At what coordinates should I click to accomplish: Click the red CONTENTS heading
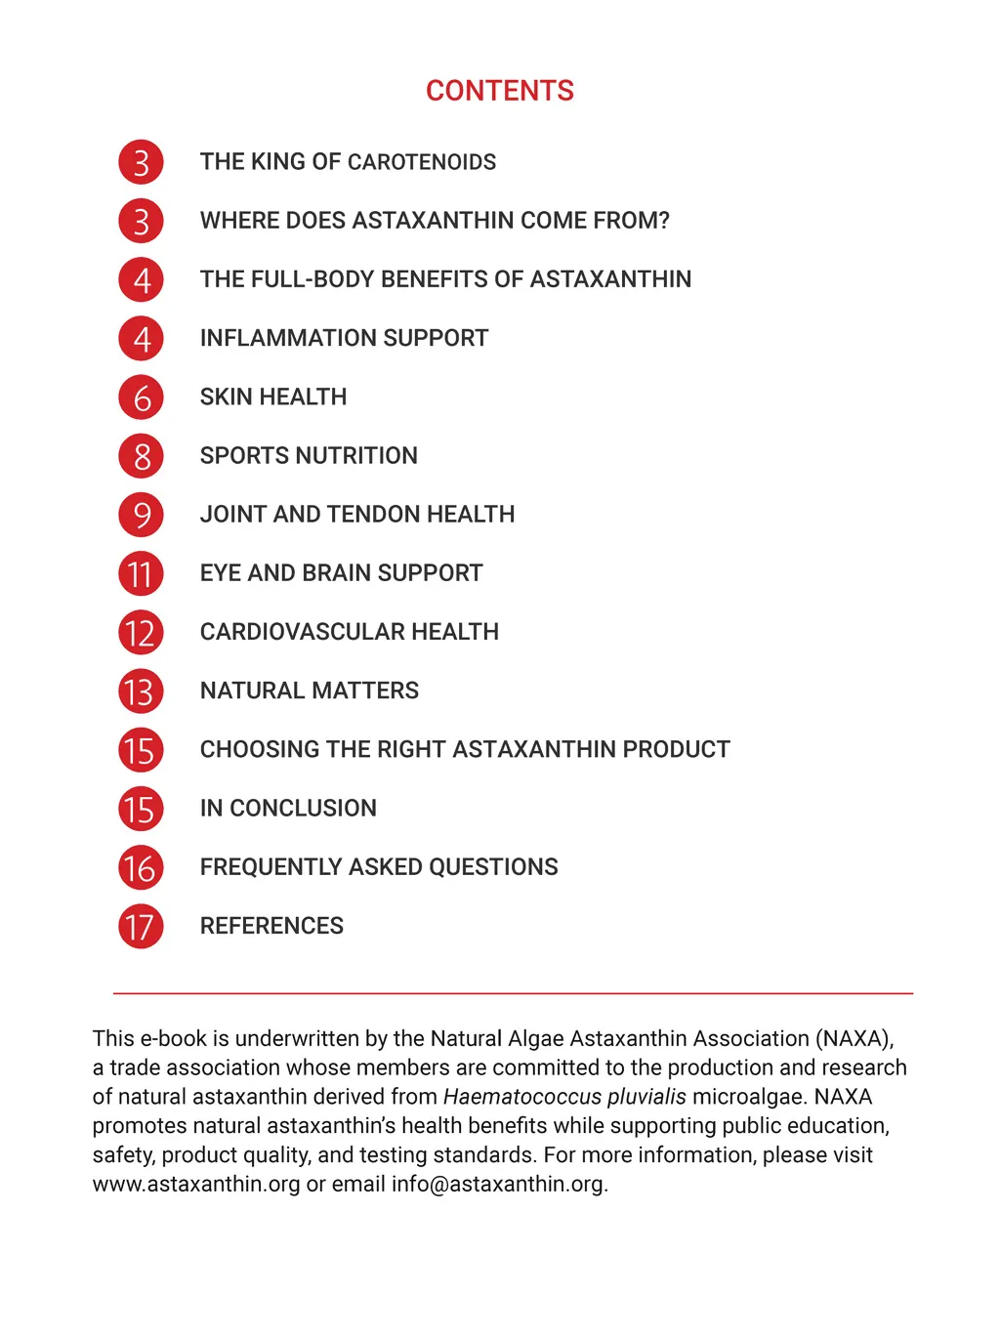pos(499,91)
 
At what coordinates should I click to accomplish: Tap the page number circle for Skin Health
pos(141,397)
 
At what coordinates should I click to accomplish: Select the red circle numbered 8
pos(141,456)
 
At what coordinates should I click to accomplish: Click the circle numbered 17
pos(141,927)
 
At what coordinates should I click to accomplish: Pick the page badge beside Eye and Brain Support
pos(141,574)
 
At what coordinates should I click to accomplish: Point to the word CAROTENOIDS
pos(422,162)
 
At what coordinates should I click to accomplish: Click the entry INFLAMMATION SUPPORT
pos(344,338)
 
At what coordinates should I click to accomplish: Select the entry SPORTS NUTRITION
pos(309,456)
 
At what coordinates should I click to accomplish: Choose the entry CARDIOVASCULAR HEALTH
pos(349,632)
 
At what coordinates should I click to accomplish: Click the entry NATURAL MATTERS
pos(309,690)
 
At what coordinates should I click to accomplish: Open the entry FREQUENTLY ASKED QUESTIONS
pos(379,867)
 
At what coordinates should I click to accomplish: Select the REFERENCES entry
pos(271,926)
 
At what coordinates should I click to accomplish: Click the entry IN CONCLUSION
pos(288,809)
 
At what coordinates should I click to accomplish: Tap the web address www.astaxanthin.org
pos(196,1185)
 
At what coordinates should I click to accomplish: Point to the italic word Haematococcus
pos(521,1097)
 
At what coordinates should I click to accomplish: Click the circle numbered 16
pos(141,868)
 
